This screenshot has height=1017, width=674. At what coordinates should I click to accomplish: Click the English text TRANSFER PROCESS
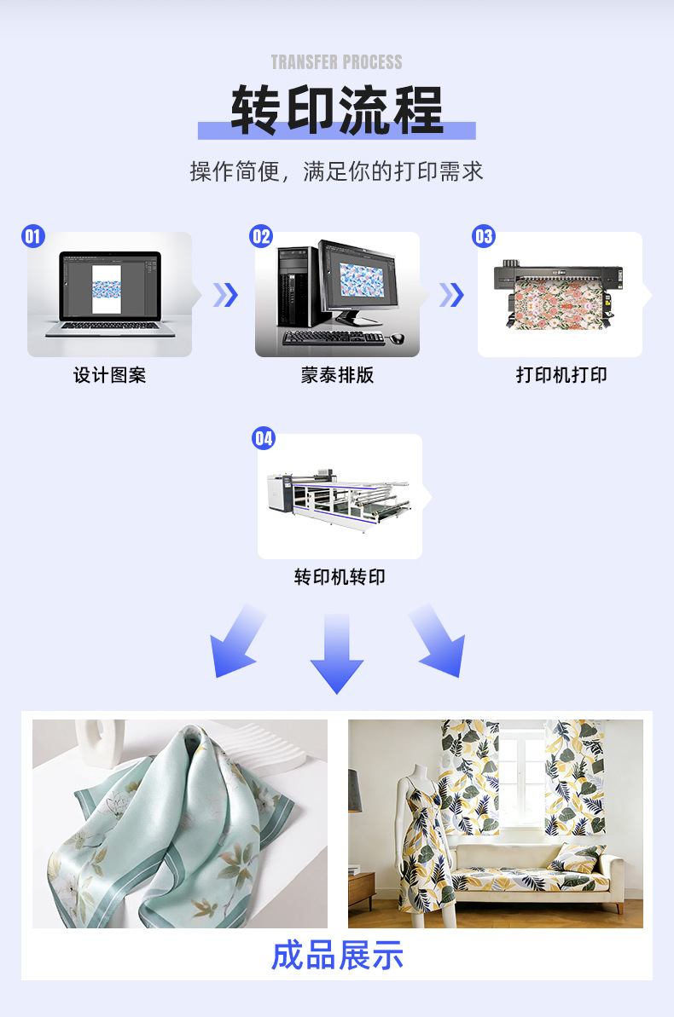click(x=336, y=62)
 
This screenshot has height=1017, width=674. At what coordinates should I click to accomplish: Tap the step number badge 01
click(x=33, y=236)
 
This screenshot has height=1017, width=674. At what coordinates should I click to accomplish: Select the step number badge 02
click(x=260, y=236)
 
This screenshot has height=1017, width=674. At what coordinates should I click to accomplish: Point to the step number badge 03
click(x=484, y=236)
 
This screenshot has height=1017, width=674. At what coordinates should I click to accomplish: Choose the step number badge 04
click(x=264, y=438)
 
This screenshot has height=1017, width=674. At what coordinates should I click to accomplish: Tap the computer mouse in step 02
click(x=398, y=338)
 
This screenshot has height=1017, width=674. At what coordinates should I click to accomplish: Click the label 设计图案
click(x=109, y=375)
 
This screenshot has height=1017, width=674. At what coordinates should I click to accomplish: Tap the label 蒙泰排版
click(x=337, y=375)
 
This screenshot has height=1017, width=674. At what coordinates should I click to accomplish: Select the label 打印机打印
click(x=561, y=375)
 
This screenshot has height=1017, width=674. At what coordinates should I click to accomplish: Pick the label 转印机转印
click(x=340, y=577)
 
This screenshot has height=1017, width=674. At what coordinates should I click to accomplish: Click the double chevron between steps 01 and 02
click(x=225, y=295)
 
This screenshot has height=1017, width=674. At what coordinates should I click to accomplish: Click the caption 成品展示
click(x=337, y=956)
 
